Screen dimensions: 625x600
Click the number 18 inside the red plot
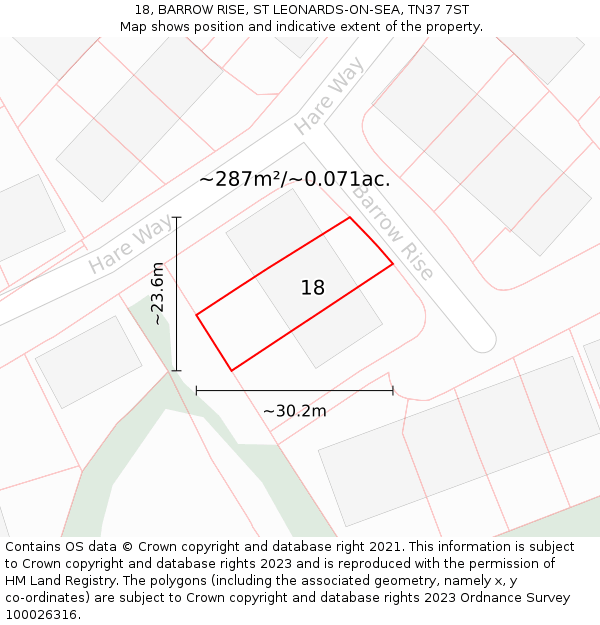313,288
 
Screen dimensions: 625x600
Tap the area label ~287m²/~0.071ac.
295,180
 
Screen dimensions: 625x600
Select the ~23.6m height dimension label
157,293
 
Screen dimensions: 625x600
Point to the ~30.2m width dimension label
295,410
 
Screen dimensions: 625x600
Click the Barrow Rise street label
391,234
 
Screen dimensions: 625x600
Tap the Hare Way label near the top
329,96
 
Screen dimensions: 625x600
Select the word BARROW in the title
181,10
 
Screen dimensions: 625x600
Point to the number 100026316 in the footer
41,615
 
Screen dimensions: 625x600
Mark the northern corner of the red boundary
349,217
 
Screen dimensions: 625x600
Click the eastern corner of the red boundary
393,264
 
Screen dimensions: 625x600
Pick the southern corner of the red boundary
232,371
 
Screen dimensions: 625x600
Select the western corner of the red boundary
196,315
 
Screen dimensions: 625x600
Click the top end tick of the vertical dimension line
177,217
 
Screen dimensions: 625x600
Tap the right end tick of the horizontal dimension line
393,390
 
